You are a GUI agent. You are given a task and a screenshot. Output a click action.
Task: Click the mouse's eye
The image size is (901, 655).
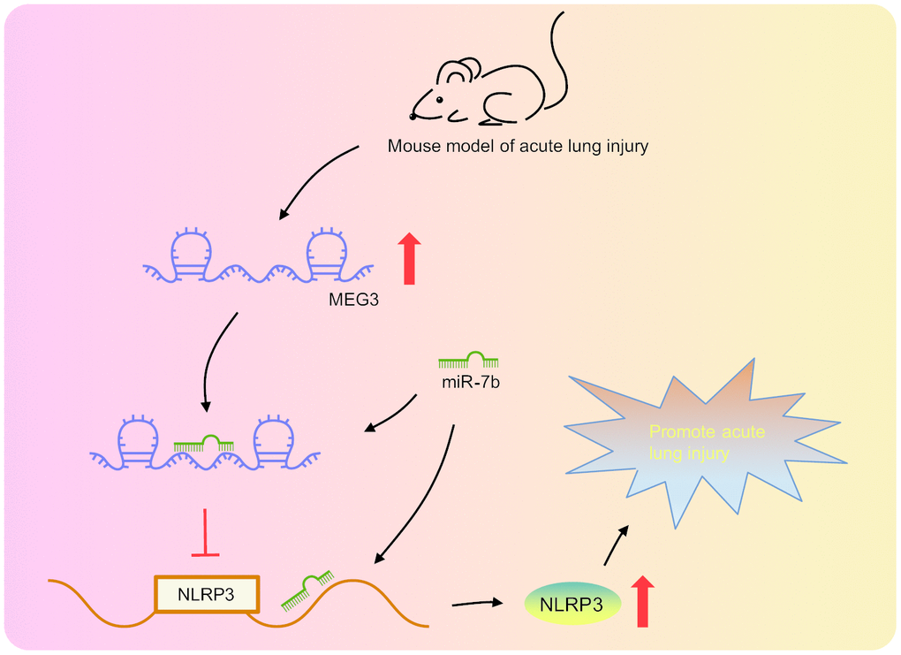click(440, 99)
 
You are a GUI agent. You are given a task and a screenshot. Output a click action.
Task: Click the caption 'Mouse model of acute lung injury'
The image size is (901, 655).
click(518, 146)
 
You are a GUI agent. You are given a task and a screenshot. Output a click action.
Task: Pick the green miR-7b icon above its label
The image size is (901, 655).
click(468, 360)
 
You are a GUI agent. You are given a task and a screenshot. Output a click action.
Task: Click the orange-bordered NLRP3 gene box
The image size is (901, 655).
click(208, 594)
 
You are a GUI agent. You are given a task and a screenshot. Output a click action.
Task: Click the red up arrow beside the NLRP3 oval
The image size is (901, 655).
click(642, 600)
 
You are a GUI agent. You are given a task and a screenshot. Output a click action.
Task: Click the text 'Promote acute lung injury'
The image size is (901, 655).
click(706, 443)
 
